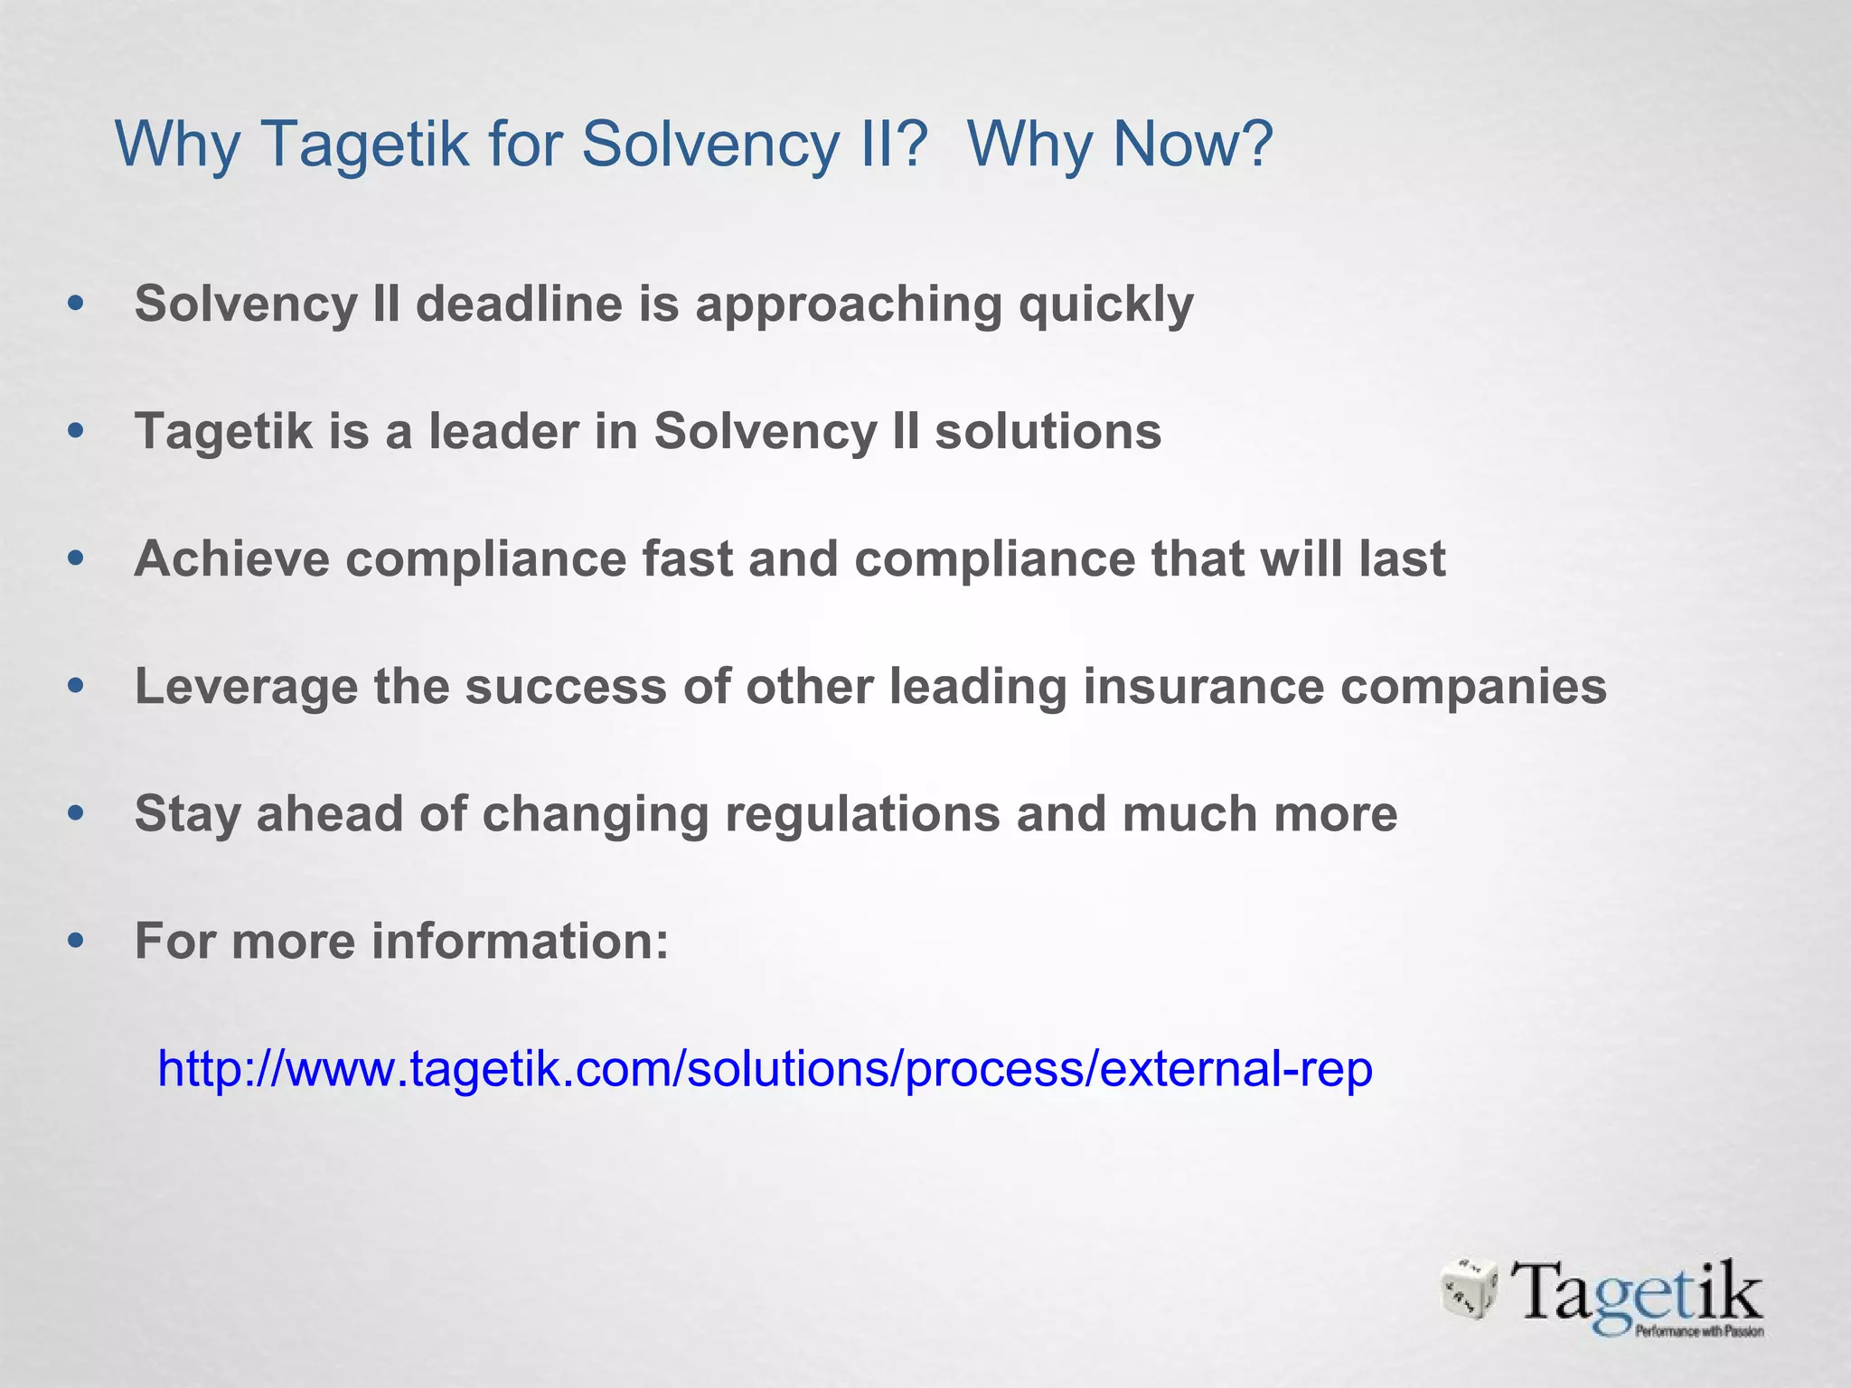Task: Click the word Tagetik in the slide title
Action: pos(365,145)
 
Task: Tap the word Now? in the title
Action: pos(1193,145)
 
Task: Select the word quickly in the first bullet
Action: pos(1105,305)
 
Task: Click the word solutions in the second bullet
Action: pos(1048,431)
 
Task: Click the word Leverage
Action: pos(246,687)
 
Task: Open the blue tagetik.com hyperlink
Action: pos(765,1070)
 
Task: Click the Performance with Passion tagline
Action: pos(1699,1331)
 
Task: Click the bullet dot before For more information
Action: pos(76,942)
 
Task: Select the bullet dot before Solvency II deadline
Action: pos(76,304)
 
